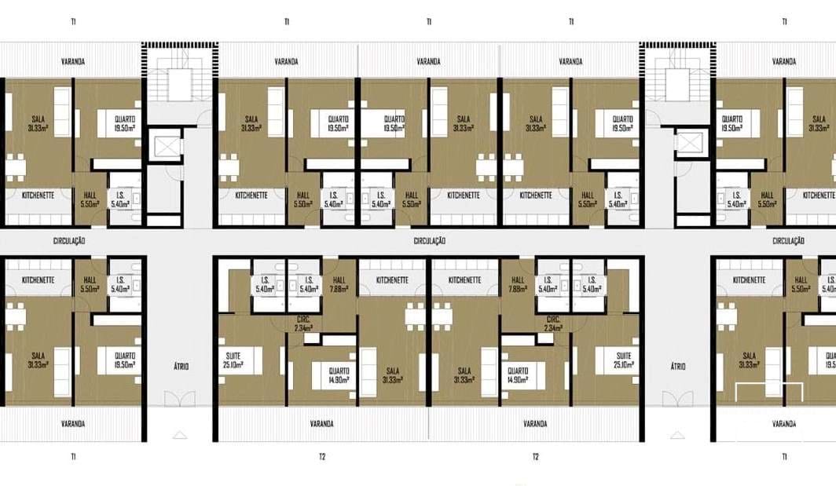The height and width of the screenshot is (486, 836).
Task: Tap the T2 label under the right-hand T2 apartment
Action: (535, 456)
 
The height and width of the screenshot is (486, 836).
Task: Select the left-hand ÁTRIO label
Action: (180, 366)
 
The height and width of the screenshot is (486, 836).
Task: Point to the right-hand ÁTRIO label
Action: (678, 366)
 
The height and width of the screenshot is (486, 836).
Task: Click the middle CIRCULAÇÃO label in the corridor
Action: (429, 241)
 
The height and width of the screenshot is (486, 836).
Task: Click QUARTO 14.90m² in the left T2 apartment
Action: (339, 375)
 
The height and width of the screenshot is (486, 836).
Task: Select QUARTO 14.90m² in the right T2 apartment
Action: (518, 375)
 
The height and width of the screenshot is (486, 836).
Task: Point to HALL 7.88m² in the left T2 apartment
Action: (339, 283)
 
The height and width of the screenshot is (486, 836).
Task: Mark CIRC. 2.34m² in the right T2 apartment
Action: (553, 323)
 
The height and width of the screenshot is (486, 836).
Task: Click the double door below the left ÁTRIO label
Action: (180, 399)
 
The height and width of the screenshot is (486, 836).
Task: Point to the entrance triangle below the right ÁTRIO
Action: (678, 433)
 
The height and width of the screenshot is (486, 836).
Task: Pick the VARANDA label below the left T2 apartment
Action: (321, 424)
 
